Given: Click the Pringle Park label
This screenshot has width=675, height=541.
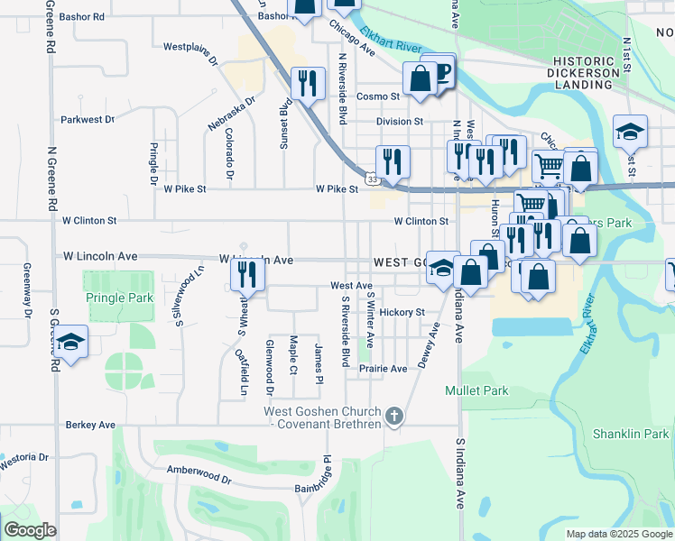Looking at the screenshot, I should click(119, 298).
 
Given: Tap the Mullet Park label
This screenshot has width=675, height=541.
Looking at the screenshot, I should click(476, 391).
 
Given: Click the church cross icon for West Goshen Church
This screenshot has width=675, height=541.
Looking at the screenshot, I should click(393, 416).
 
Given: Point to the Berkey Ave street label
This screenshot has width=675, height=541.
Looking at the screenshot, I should click(90, 424).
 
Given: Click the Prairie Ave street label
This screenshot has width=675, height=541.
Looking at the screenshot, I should click(384, 369).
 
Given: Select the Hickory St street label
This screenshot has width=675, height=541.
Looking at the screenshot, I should click(402, 312).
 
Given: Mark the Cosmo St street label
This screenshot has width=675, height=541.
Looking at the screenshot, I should click(378, 96).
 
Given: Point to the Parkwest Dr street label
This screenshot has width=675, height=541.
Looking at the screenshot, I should click(88, 119).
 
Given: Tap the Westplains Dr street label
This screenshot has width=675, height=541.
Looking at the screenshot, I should click(190, 52).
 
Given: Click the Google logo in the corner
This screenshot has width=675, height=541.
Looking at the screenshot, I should click(30, 530).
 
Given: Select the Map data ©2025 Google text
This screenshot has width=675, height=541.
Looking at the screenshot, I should click(618, 534).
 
